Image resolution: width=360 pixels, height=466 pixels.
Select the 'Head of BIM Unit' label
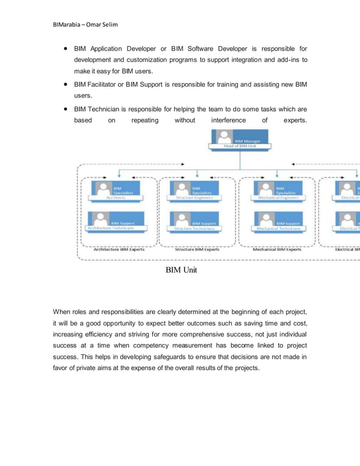pos(240,146)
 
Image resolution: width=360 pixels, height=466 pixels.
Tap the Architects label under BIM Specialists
pos(116,198)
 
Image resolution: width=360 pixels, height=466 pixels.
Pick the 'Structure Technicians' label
pos(195,228)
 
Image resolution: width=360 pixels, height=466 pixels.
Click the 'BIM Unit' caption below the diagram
pos(181,270)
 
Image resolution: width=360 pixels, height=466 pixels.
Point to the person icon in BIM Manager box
pos(225,137)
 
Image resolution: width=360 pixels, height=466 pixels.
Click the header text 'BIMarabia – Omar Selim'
pos(85,25)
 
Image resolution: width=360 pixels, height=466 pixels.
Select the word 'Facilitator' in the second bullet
pos(106,84)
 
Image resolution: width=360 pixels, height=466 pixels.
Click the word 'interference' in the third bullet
pos(229,120)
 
